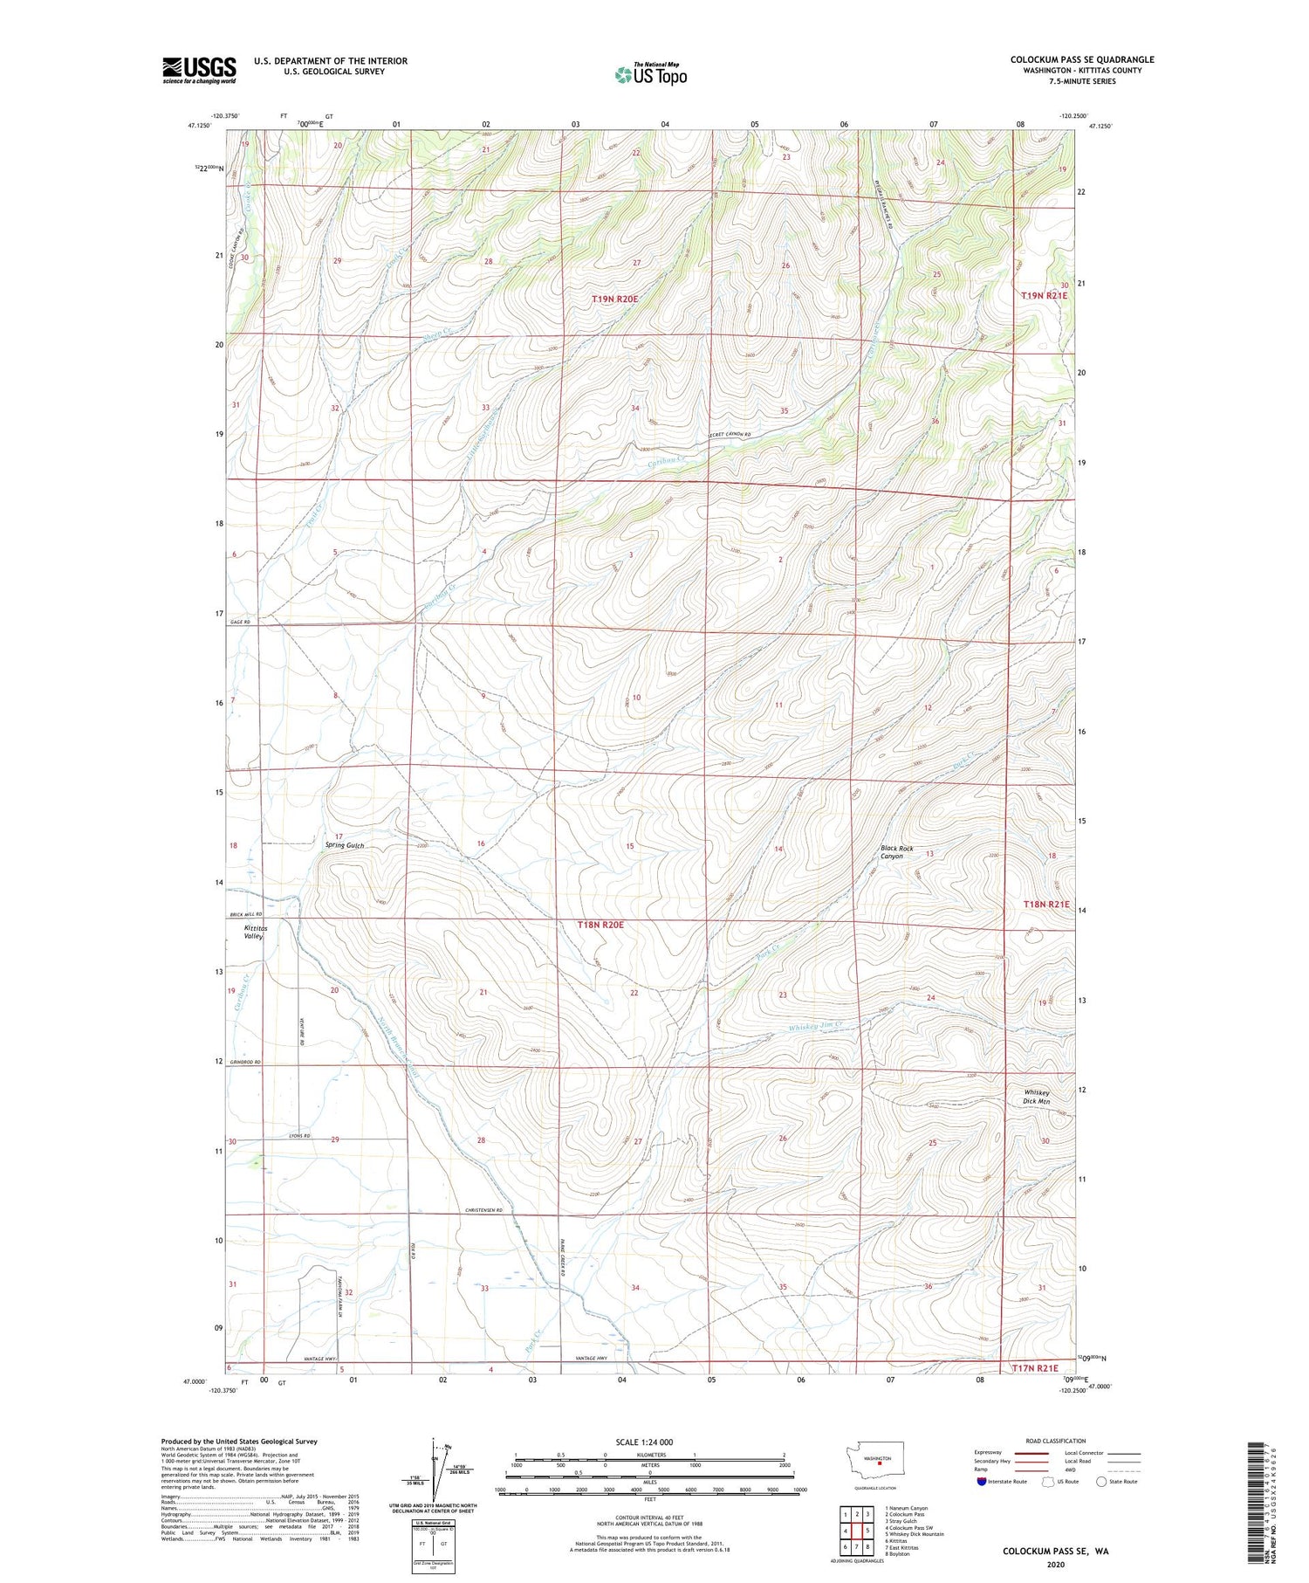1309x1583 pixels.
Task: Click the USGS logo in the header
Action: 199,70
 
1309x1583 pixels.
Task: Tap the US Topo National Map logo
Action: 650,74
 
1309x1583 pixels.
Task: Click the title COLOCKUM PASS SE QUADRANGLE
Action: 1081,59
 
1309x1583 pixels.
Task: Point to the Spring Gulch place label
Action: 344,845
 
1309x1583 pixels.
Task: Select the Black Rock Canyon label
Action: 897,852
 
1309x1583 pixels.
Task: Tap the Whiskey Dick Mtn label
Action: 1037,1097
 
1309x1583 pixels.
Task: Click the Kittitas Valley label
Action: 253,932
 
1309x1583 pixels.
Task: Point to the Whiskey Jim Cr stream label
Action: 815,1027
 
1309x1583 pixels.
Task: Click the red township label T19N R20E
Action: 615,299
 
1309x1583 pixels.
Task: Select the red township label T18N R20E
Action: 600,924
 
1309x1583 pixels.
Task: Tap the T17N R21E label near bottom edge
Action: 1034,1368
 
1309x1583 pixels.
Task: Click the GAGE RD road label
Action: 240,622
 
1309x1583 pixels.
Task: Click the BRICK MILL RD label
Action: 244,914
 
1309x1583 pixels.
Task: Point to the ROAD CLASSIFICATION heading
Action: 1056,1441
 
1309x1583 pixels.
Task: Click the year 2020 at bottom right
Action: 1054,1565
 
